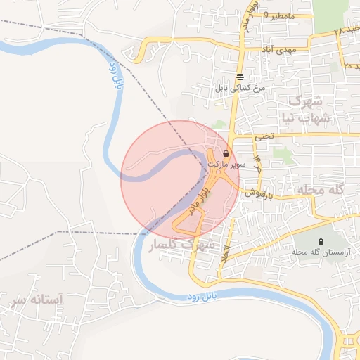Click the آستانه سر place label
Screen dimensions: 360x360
coord(37,300)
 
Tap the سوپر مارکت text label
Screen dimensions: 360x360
coord(226,163)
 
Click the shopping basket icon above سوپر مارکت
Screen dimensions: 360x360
coord(226,153)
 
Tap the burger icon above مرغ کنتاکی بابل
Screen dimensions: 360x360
coord(240,77)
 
